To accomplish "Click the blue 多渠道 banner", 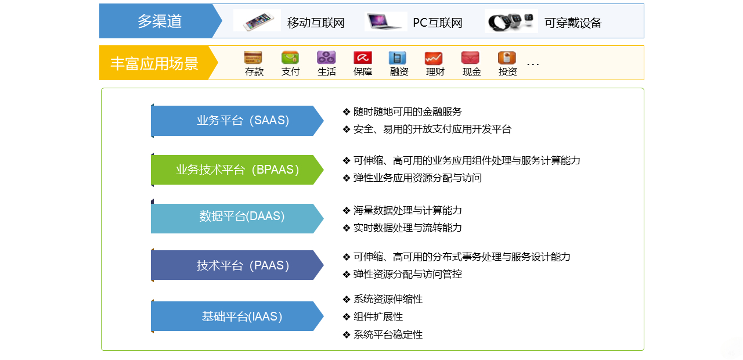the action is point(160,21).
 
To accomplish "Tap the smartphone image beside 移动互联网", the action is point(257,20).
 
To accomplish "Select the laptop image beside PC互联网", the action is point(385,21).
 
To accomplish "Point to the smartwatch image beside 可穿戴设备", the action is point(511,21).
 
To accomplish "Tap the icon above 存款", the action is point(253,57).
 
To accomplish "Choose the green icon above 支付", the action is point(290,57).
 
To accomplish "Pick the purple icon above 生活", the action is point(326,57).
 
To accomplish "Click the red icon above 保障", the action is point(363,57).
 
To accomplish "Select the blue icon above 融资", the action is point(398,57).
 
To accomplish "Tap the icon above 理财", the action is point(434,58).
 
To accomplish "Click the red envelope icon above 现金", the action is point(470,57).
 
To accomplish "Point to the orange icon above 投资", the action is point(507,57).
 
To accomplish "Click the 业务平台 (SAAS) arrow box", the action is point(237,120).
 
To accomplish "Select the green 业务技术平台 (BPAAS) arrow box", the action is point(237,170).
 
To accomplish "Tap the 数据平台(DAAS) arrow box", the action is point(237,218).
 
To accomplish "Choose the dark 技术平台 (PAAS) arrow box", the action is point(237,265).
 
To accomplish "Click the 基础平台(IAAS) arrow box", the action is point(237,316).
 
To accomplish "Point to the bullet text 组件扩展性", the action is point(378,316).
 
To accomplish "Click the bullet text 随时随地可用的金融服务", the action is point(407,111).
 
